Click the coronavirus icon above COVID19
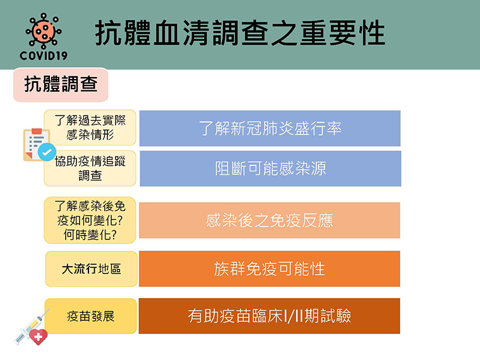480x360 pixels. coord(44,31)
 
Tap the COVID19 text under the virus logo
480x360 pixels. coord(44,56)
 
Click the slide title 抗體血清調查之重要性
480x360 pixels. coord(240,33)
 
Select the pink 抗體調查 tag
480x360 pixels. coord(61,85)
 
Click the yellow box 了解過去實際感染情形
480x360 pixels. coord(90,128)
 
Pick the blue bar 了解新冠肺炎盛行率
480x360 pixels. coord(270,128)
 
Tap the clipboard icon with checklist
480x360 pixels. coord(37,145)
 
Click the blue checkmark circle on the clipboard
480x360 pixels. coord(47,152)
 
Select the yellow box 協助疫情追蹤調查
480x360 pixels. coord(90,169)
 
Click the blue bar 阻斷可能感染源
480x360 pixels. coord(270,169)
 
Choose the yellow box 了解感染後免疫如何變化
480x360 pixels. coord(90,220)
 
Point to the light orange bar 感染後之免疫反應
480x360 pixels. coord(270,220)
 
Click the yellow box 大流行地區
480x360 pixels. coord(91,269)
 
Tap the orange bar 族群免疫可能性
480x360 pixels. coord(270,269)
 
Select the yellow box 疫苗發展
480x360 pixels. coord(90,316)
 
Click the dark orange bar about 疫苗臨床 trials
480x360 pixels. coord(270,316)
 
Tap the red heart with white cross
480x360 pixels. coord(39,337)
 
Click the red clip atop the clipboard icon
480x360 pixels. coord(37,131)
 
